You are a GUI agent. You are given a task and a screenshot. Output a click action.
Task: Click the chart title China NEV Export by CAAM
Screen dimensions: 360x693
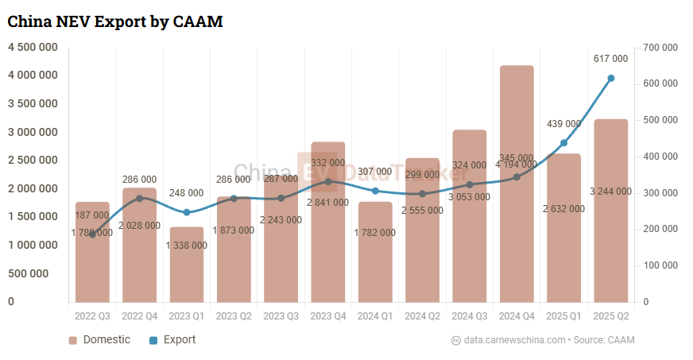click(x=114, y=22)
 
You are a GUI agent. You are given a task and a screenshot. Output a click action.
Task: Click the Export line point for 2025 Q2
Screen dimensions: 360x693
click(x=611, y=78)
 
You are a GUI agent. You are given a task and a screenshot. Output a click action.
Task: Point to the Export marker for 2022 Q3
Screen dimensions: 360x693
click(x=92, y=234)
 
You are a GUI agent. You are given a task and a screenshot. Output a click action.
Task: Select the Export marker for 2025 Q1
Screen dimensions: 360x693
click(x=563, y=143)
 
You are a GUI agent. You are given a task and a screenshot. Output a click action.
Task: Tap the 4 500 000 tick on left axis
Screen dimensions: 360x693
click(x=33, y=47)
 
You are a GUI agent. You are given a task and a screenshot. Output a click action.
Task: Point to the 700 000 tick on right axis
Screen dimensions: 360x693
click(x=660, y=48)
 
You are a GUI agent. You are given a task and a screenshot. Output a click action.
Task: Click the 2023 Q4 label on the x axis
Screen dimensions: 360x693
click(x=327, y=316)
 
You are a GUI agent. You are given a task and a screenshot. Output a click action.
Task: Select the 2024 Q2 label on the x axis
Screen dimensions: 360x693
click(x=422, y=316)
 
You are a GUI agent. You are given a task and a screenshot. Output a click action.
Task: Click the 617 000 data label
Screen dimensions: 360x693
click(x=610, y=59)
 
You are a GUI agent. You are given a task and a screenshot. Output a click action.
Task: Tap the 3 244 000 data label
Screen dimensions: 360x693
click(x=610, y=192)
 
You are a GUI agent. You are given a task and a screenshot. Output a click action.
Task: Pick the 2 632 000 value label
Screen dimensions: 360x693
click(x=563, y=209)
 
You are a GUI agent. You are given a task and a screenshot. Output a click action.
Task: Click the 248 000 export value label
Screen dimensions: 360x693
click(x=187, y=193)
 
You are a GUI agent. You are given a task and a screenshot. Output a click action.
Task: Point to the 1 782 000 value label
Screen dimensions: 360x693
click(x=374, y=233)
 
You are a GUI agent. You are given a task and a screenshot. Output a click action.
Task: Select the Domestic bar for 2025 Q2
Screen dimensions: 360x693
click(x=611, y=238)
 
